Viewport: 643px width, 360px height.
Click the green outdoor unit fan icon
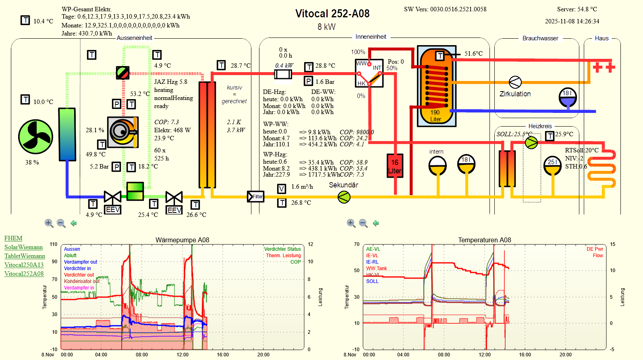(35, 137)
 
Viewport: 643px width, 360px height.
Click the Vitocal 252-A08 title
(332, 14)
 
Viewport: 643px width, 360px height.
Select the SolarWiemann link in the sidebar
(23, 247)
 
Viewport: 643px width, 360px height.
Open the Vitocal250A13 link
(24, 265)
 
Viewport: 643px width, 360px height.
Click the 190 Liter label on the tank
(436, 116)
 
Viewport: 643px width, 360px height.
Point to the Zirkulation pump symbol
(515, 82)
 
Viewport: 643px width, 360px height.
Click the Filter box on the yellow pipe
(256, 197)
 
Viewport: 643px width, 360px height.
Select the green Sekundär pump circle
(344, 197)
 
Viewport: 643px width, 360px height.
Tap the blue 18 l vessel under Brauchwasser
(568, 97)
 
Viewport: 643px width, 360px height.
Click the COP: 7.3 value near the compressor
(166, 122)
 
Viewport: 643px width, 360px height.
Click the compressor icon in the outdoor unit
(123, 132)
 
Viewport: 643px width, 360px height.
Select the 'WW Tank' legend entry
(376, 268)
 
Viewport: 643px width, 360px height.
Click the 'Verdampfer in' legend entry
(79, 288)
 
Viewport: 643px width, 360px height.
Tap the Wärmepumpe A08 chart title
(182, 240)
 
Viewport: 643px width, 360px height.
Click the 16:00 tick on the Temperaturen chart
(525, 355)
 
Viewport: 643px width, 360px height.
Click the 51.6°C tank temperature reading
(473, 54)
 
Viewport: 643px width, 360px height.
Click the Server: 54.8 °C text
(577, 9)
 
